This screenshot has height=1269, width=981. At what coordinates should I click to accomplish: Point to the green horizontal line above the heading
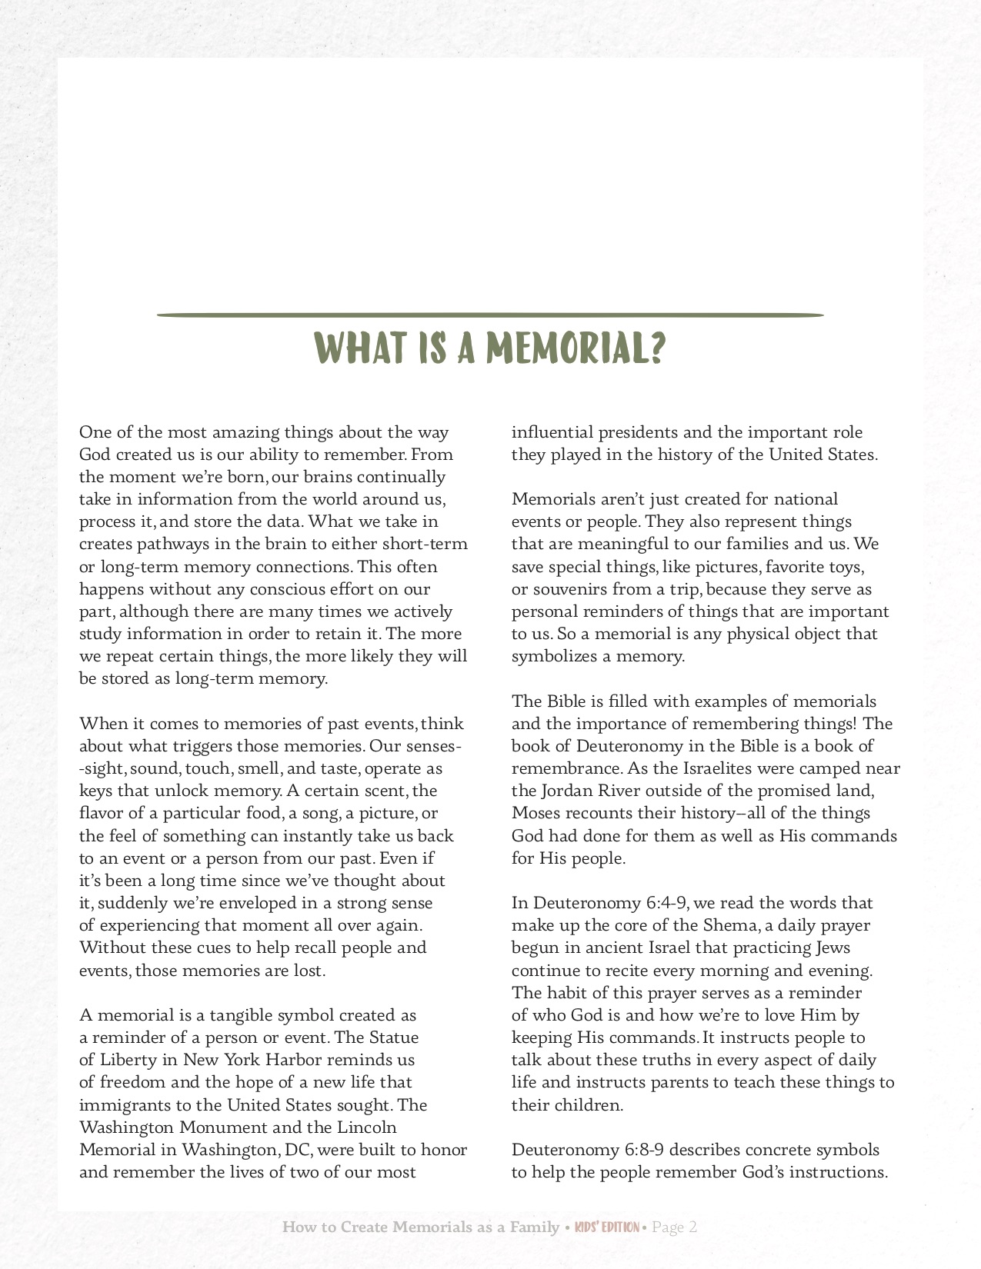click(490, 315)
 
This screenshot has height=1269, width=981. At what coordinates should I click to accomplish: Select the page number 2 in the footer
click(692, 1227)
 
